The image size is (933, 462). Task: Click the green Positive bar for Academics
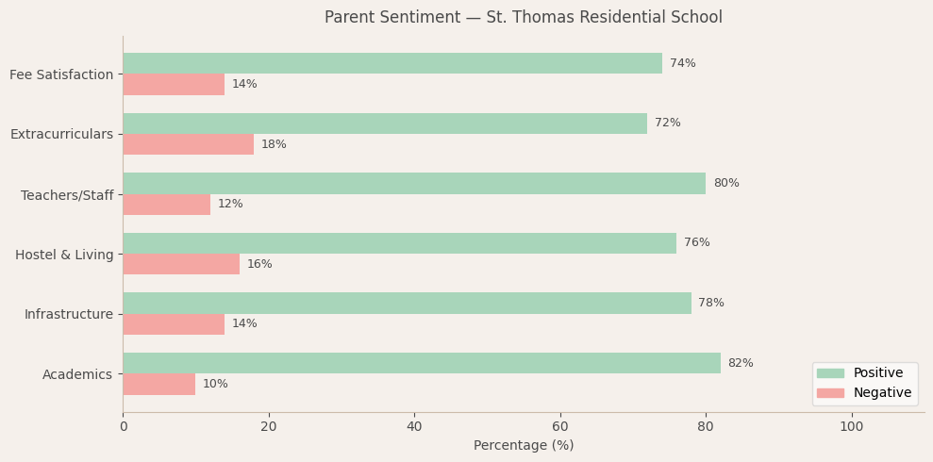pos(422,363)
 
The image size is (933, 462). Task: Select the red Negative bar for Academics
pos(159,384)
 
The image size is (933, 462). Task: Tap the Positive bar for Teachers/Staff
pos(414,183)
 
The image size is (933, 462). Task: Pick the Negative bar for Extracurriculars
pos(189,144)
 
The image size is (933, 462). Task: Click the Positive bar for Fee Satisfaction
pos(392,63)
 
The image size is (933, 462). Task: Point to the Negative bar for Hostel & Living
pos(181,264)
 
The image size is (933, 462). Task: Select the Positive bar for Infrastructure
pos(407,303)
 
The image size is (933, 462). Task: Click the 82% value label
pos(741,363)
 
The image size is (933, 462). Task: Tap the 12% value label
pos(230,204)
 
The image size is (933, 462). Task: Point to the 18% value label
pos(274,144)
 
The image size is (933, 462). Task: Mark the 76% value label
pos(697,242)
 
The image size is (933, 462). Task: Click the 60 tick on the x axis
pos(560,427)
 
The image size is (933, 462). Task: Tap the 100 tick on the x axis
pos(852,427)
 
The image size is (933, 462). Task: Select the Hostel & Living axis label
pos(64,255)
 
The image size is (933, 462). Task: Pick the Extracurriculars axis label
pos(61,134)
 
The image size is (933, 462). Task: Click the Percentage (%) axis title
pos(524,446)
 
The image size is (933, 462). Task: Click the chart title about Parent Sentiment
pos(524,18)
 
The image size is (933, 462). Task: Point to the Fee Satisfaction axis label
pos(61,74)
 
